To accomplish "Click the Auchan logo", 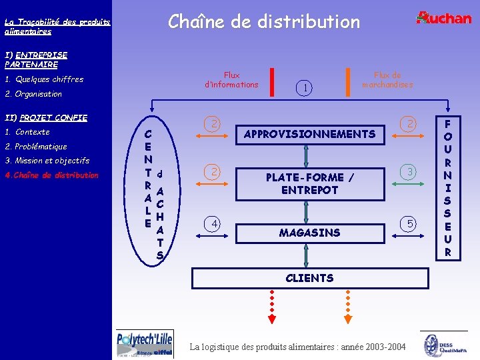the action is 443,18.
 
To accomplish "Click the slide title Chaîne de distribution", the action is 264,22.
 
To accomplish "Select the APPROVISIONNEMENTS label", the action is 309,134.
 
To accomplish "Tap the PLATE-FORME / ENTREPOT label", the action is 309,183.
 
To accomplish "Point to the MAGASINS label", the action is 309,233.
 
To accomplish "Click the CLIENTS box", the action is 309,277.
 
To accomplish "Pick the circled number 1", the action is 305,87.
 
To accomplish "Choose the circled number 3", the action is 411,172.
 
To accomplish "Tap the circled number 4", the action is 213,224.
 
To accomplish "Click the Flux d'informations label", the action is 231,80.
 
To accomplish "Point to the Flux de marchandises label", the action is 387,80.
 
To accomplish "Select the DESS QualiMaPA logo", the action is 443,345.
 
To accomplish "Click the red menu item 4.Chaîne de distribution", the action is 51,175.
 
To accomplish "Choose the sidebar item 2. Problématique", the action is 36,147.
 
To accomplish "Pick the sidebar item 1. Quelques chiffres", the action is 44,79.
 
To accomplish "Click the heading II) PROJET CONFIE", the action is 46,118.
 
